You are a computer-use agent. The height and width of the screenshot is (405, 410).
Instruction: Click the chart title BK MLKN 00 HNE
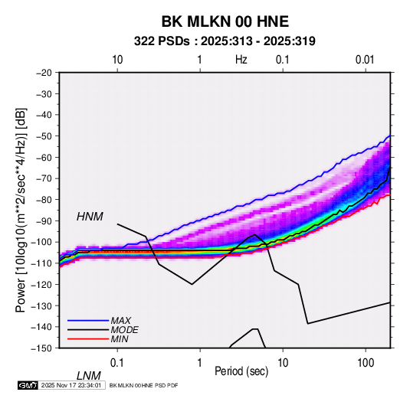tap(225, 21)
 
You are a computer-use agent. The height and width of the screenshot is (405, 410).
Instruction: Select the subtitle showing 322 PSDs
tap(225, 41)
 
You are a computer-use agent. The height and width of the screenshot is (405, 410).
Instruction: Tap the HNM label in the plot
tap(90, 217)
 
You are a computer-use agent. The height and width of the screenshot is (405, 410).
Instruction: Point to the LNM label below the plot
tap(89, 376)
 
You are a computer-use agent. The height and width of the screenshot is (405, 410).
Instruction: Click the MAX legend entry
tap(120, 321)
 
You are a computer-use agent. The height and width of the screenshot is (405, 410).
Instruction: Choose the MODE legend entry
tap(124, 330)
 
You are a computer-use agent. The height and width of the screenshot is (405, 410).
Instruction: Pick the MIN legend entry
tap(120, 339)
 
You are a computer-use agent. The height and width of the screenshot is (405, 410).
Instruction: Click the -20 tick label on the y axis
tap(44, 73)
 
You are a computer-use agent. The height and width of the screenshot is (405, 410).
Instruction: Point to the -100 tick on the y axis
tap(41, 242)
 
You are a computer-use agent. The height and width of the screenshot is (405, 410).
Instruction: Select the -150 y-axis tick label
tap(41, 348)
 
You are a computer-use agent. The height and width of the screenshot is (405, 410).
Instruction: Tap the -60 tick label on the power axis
tap(44, 157)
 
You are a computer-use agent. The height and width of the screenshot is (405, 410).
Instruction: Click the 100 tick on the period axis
tap(366, 363)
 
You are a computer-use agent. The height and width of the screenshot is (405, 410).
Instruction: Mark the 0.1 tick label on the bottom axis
tap(117, 363)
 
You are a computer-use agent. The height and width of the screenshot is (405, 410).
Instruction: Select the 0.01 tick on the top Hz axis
tap(365, 60)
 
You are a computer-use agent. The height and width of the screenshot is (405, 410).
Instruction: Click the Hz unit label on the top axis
tap(241, 60)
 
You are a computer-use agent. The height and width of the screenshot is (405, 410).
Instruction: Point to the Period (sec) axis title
tap(241, 371)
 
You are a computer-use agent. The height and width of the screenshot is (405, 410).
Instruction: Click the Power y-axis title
tap(21, 210)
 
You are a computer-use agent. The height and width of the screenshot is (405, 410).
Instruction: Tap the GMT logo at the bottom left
tap(28, 385)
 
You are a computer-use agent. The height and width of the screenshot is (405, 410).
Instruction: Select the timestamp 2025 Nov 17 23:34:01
tap(71, 385)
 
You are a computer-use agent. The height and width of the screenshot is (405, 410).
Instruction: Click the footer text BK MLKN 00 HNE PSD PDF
tap(143, 385)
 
